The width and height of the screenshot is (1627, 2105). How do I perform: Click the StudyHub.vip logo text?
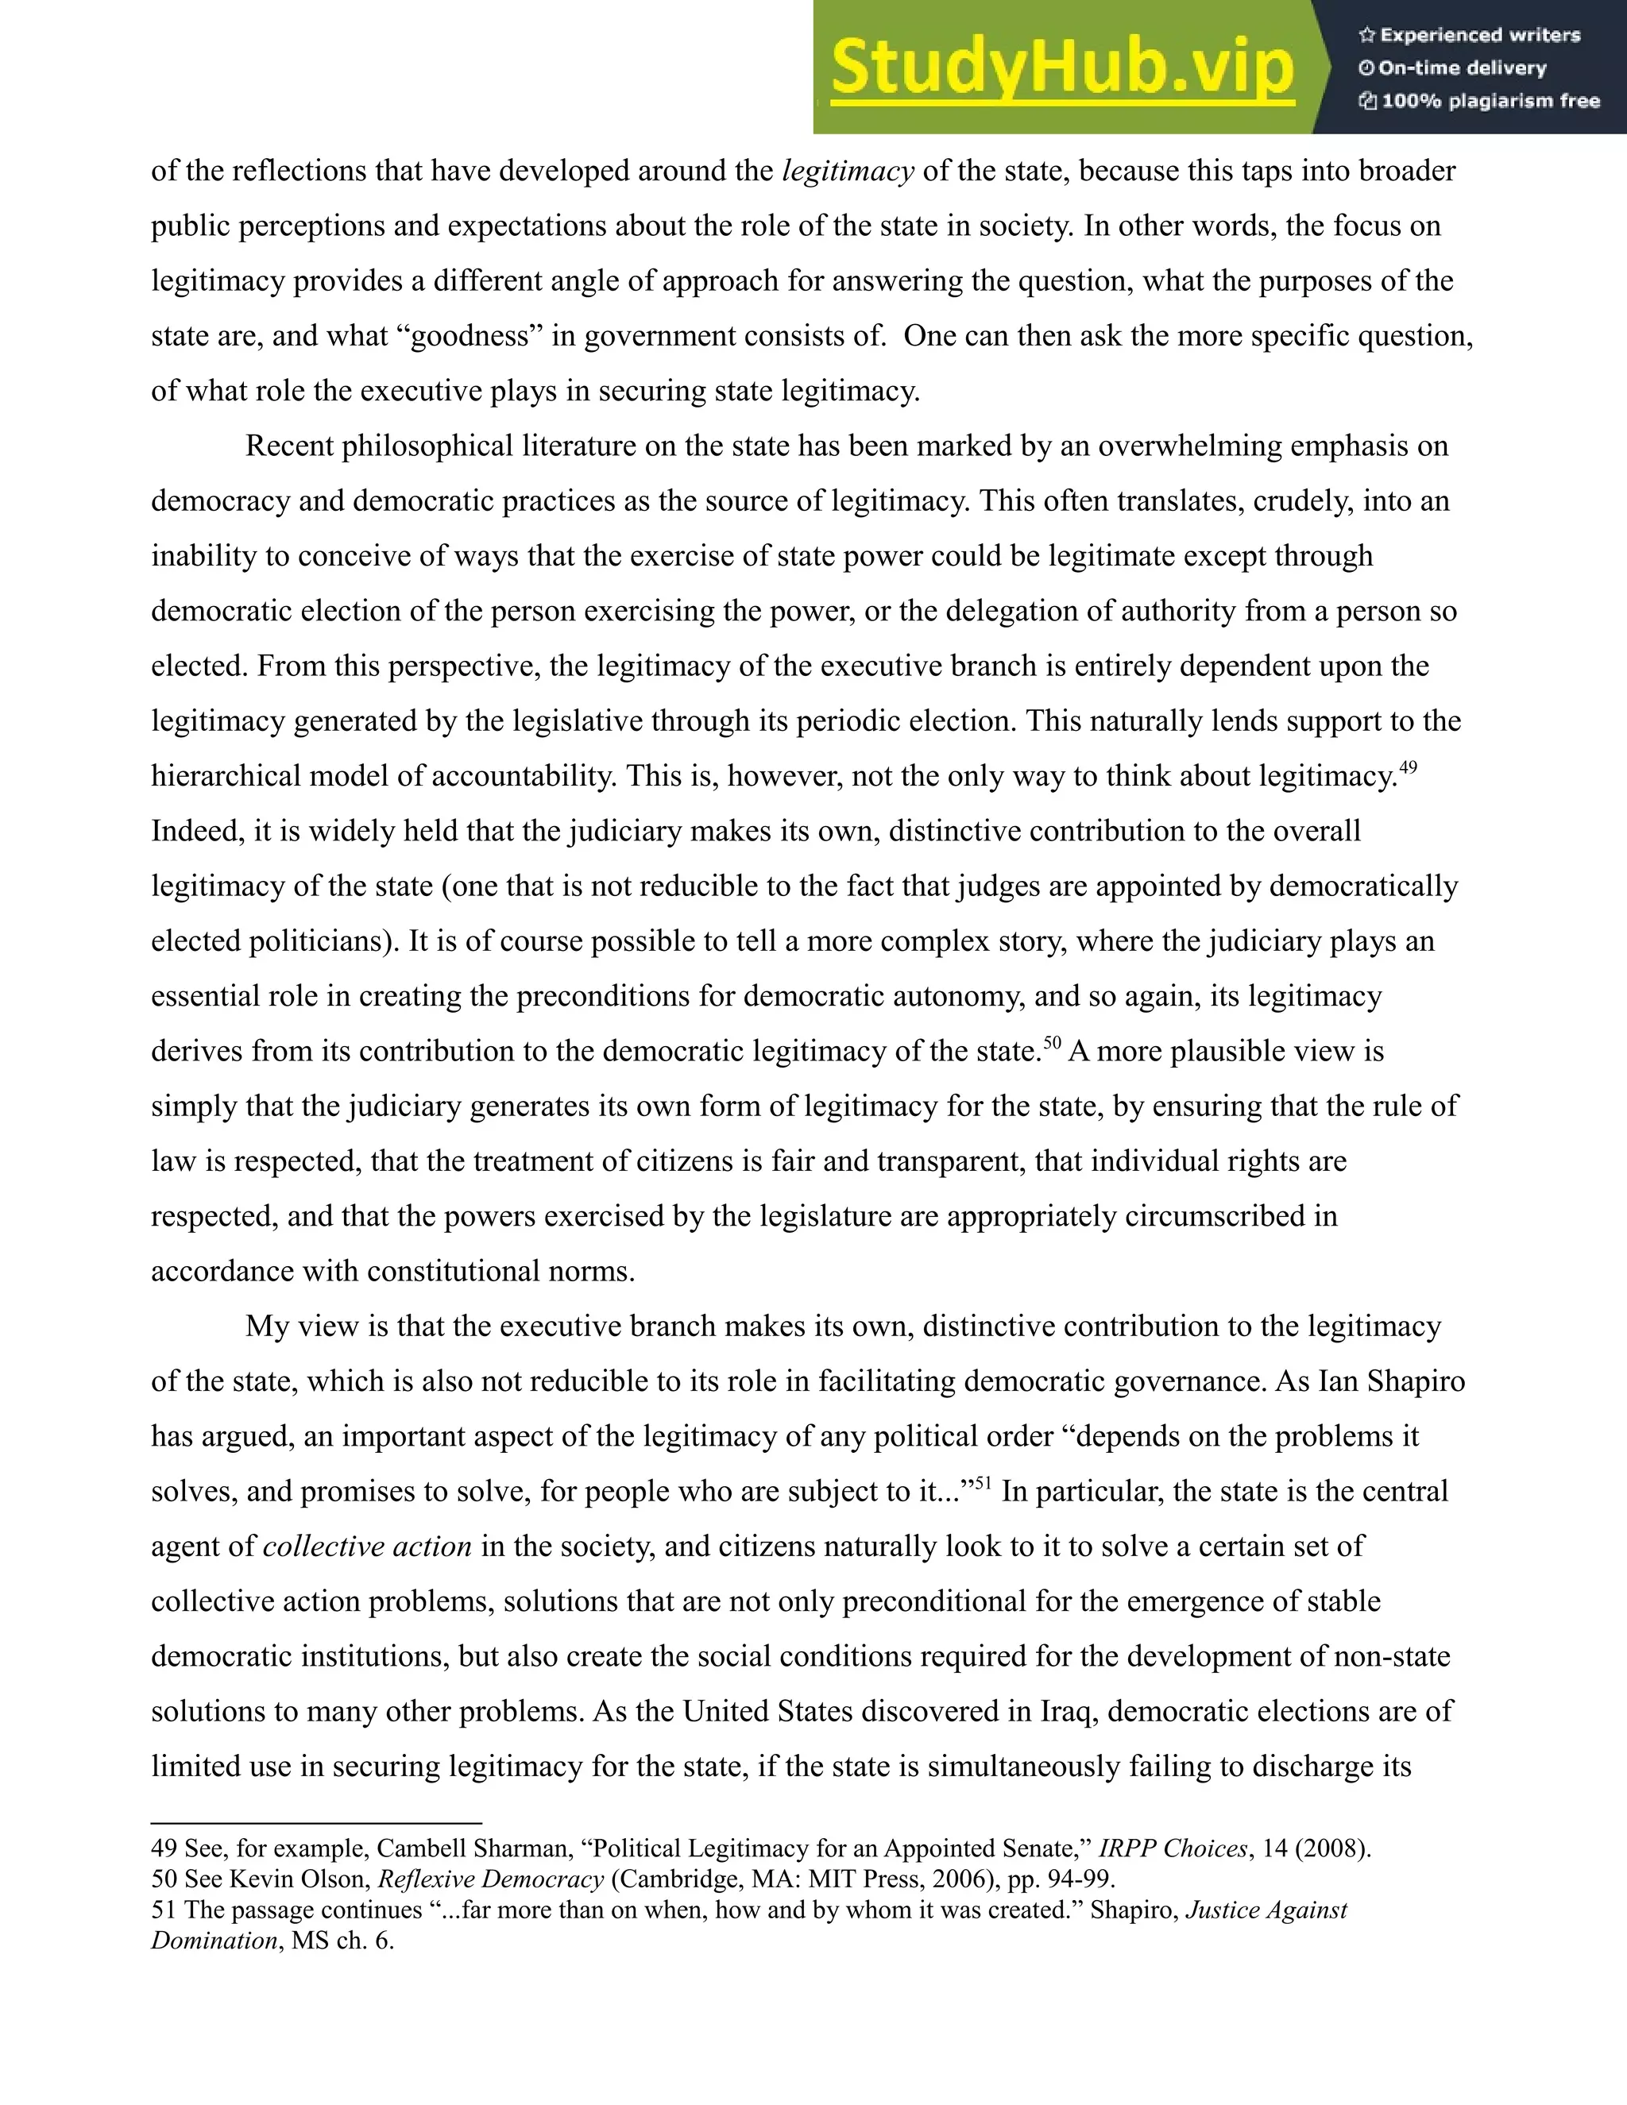pyautogui.click(x=1061, y=68)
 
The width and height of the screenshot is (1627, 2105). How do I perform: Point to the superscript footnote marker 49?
pyautogui.click(x=1409, y=767)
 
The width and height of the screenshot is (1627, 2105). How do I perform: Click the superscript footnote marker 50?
pyautogui.click(x=1052, y=1042)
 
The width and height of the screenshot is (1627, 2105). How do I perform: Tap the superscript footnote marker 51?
pyautogui.click(x=984, y=1482)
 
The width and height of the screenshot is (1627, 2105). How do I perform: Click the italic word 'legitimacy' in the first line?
pyautogui.click(x=847, y=172)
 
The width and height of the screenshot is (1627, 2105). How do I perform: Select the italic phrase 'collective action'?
pyautogui.click(x=367, y=1547)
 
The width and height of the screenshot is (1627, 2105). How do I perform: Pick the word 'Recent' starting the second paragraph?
pyautogui.click(x=288, y=446)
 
